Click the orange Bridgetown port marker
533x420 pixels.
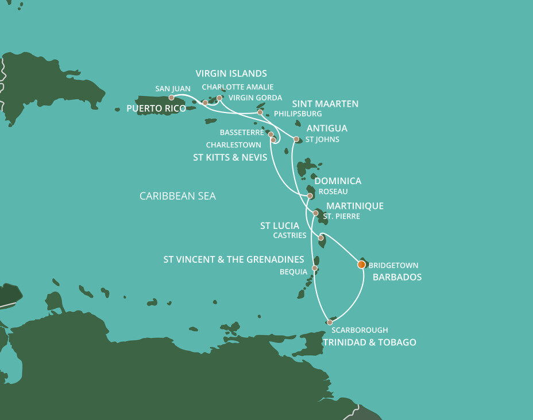[361, 265]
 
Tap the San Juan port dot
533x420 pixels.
[171, 98]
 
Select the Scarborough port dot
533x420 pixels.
[330, 322]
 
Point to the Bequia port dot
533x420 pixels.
[315, 268]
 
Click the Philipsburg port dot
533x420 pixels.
[260, 112]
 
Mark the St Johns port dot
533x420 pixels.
[296, 139]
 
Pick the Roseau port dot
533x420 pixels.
[310, 196]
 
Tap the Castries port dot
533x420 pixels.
[321, 238]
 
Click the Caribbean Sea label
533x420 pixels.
[177, 196]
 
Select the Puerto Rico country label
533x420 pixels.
[156, 108]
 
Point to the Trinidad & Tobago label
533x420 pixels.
[369, 343]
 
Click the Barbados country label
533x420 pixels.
[397, 277]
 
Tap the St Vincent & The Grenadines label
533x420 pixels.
[234, 260]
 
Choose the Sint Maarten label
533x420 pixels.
[325, 104]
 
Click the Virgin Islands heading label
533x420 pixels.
[231, 73]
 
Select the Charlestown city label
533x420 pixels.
[233, 145]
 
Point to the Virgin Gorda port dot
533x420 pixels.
[219, 98]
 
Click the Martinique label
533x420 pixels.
[354, 206]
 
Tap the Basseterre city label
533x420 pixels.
[242, 133]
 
